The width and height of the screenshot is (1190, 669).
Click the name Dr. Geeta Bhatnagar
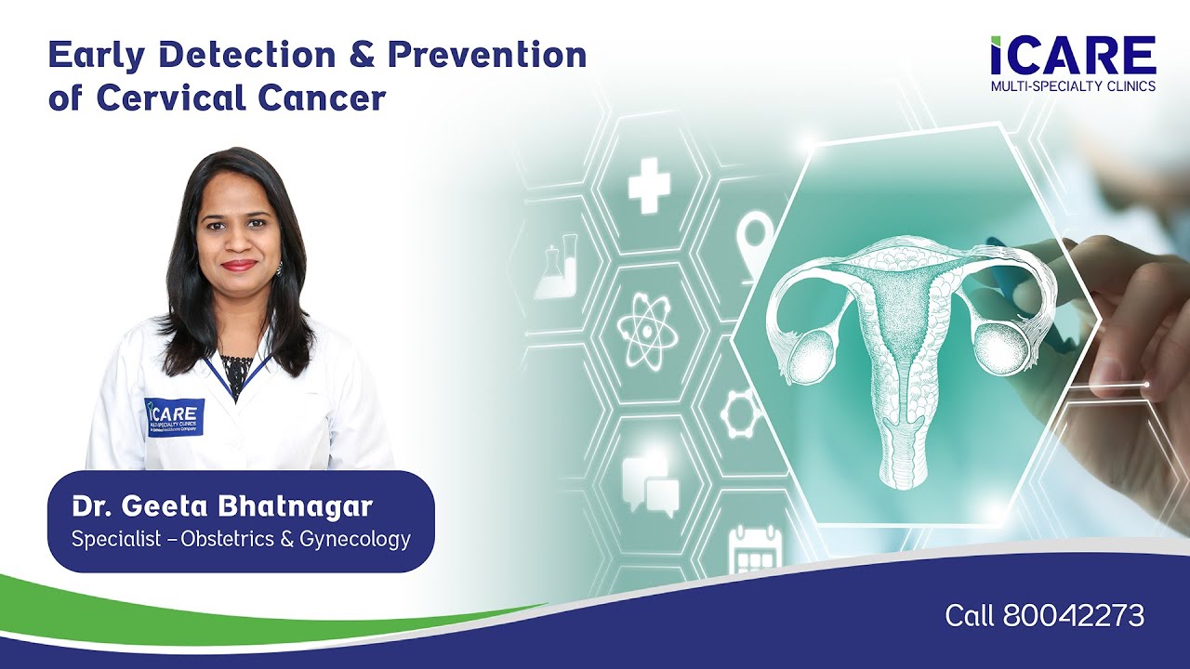tap(222, 507)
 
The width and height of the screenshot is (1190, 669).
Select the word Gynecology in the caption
tap(355, 539)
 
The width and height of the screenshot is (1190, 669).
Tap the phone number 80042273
tap(1074, 615)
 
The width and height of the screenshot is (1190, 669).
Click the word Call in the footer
tap(970, 615)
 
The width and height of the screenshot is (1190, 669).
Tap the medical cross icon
tap(649, 185)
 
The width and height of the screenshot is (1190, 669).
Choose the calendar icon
tap(755, 550)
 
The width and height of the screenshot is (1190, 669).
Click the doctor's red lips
tap(239, 265)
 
